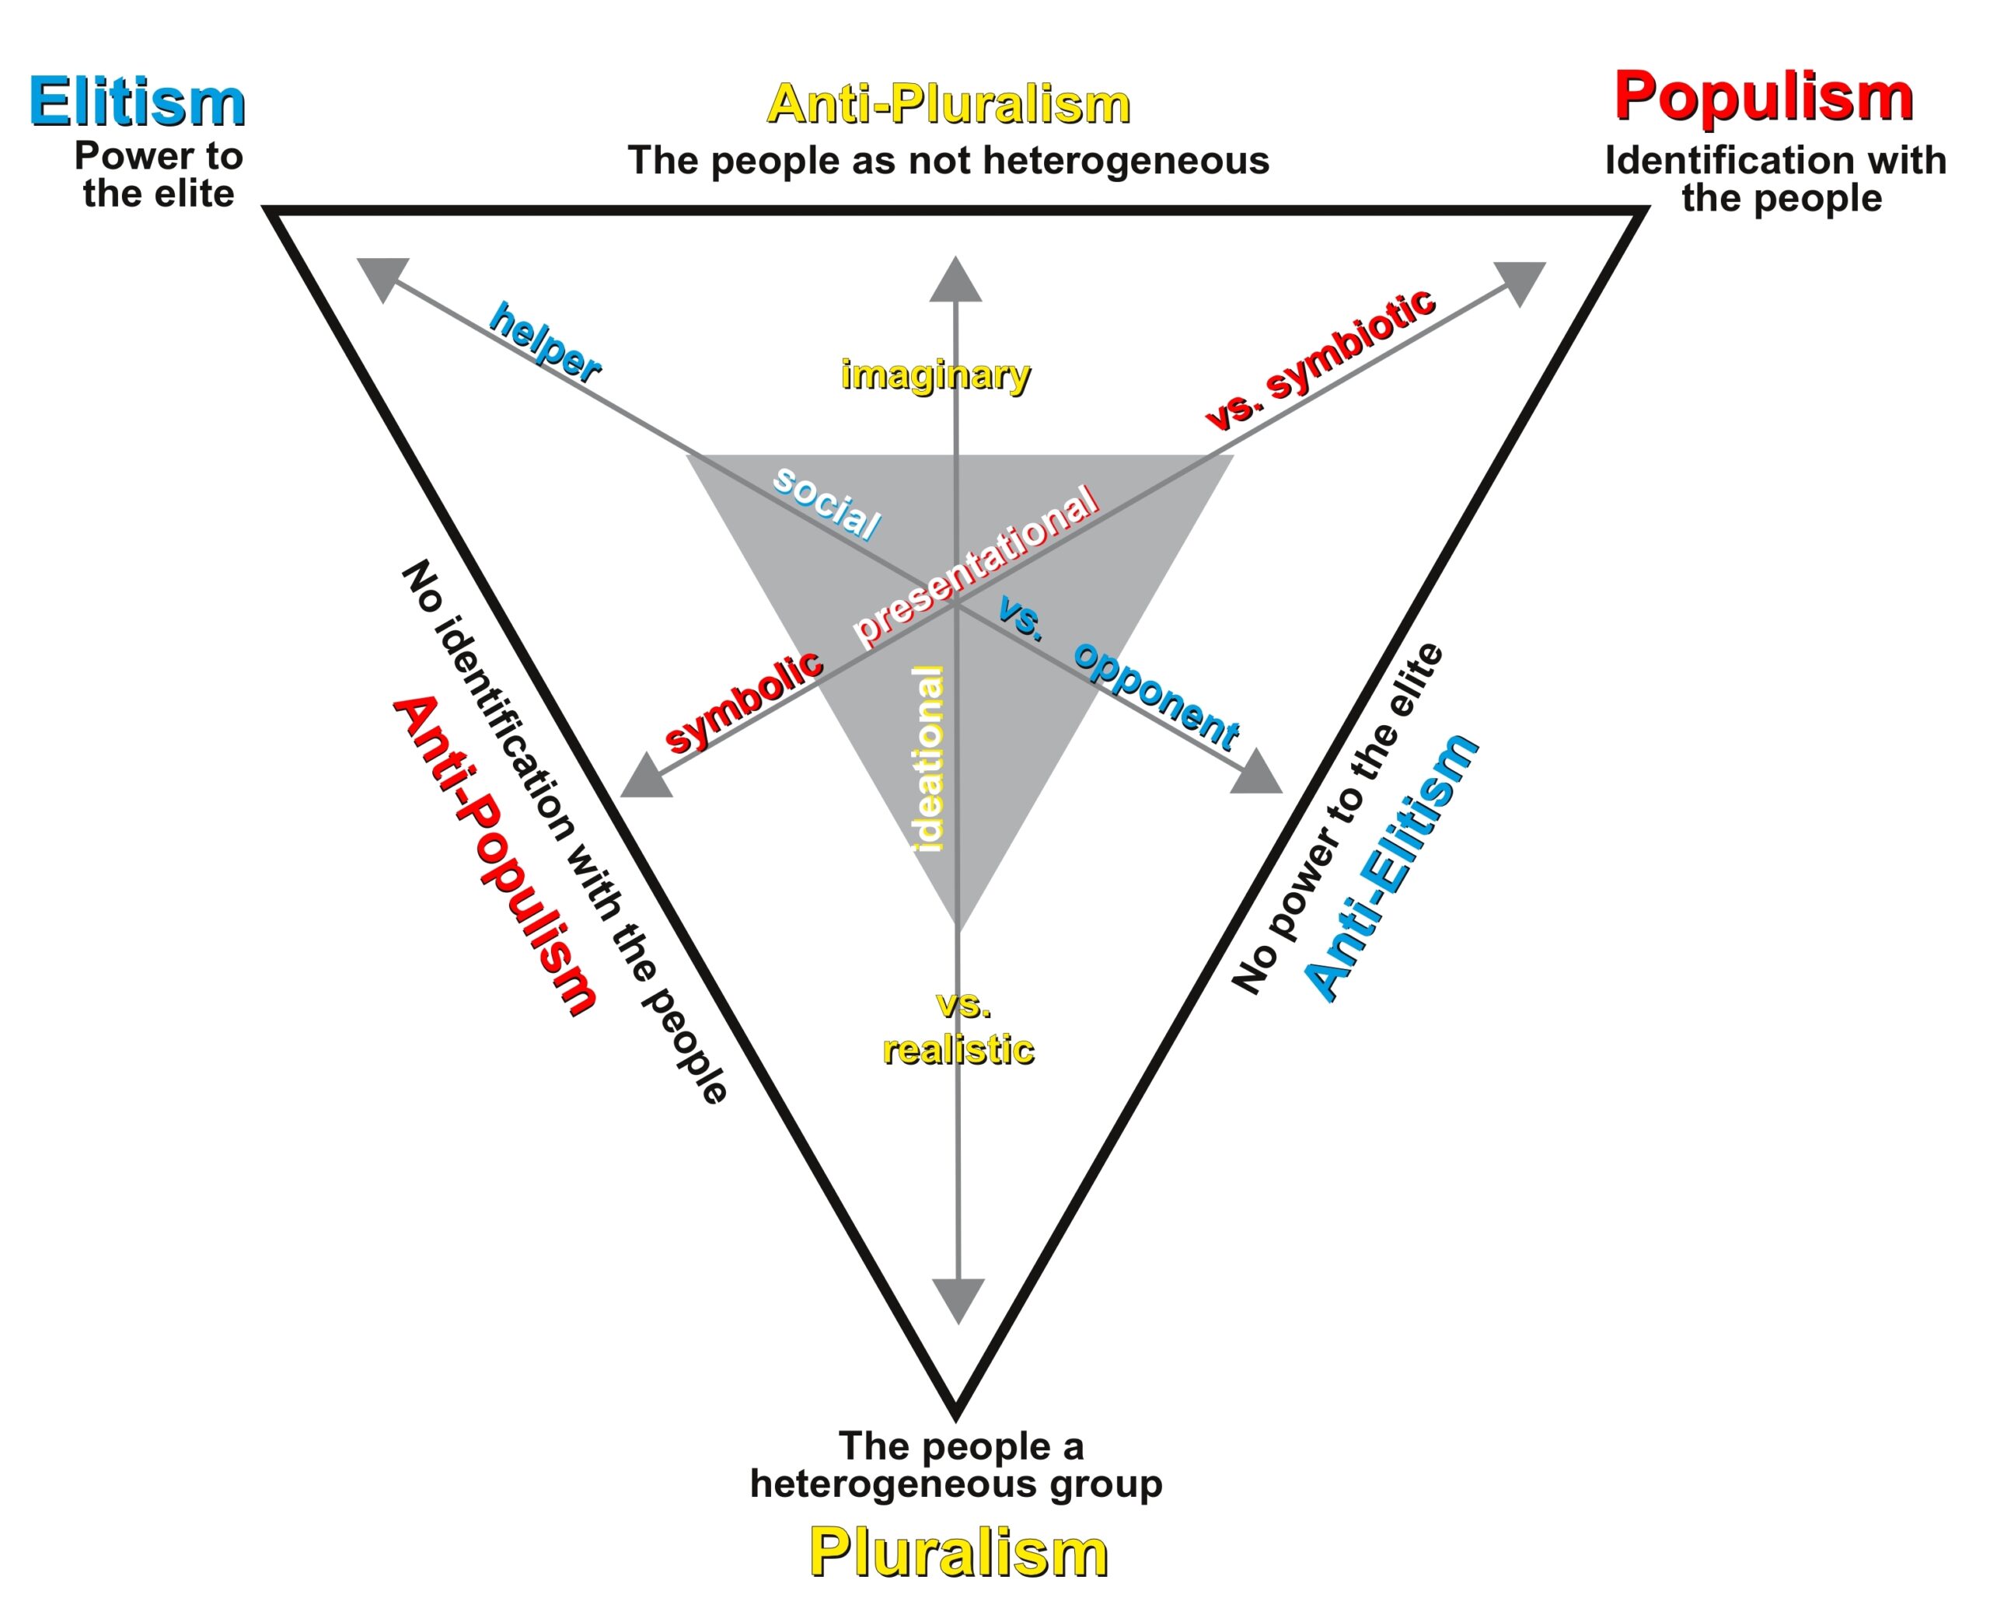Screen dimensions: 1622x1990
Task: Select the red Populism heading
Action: (x=1763, y=96)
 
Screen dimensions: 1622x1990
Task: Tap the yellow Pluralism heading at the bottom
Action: (x=958, y=1552)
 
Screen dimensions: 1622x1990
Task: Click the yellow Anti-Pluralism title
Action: (x=948, y=103)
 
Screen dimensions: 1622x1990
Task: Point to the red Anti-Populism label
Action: (x=494, y=854)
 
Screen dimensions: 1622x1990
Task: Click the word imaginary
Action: (x=935, y=375)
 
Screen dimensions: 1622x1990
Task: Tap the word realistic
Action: (x=958, y=1049)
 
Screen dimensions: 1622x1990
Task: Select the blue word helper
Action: (x=546, y=343)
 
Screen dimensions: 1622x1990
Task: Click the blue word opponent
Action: (x=1157, y=694)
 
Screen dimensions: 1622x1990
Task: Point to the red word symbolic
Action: (x=744, y=701)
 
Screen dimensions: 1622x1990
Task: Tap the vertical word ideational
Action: (x=930, y=758)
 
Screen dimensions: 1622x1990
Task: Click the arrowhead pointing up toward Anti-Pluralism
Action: (x=955, y=281)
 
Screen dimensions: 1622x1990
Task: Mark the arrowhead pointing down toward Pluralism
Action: (x=958, y=1299)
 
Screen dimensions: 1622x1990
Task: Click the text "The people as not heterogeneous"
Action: (x=948, y=161)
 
